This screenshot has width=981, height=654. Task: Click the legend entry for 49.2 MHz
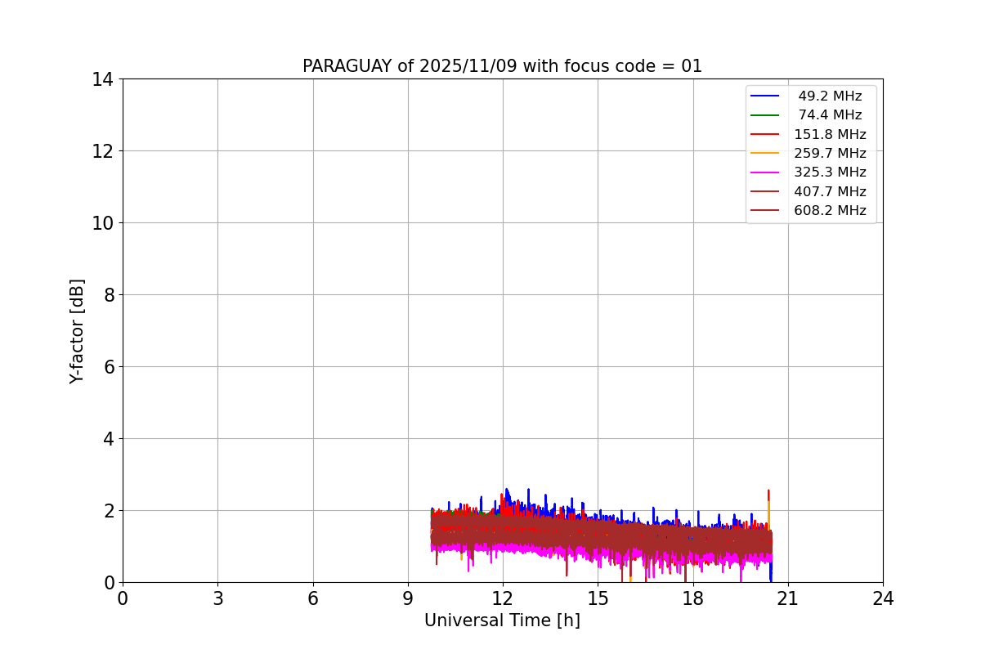click(x=829, y=96)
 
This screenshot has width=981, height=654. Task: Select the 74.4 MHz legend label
click(x=829, y=115)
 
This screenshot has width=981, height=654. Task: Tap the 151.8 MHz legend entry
click(x=829, y=134)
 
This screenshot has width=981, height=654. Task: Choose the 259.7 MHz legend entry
click(x=829, y=154)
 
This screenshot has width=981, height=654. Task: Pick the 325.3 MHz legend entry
click(x=829, y=172)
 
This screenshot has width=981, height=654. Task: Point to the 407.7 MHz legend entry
click(x=829, y=192)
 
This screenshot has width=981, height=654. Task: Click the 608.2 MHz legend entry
click(x=829, y=211)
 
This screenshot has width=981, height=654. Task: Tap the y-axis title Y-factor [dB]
click(x=77, y=331)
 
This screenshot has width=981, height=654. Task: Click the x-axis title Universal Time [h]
click(x=502, y=620)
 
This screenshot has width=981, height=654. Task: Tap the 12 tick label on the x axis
click(x=503, y=598)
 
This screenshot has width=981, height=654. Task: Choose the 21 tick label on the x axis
click(x=787, y=598)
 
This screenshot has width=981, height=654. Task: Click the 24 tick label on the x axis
click(x=883, y=598)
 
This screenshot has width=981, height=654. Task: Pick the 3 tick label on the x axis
click(x=217, y=598)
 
